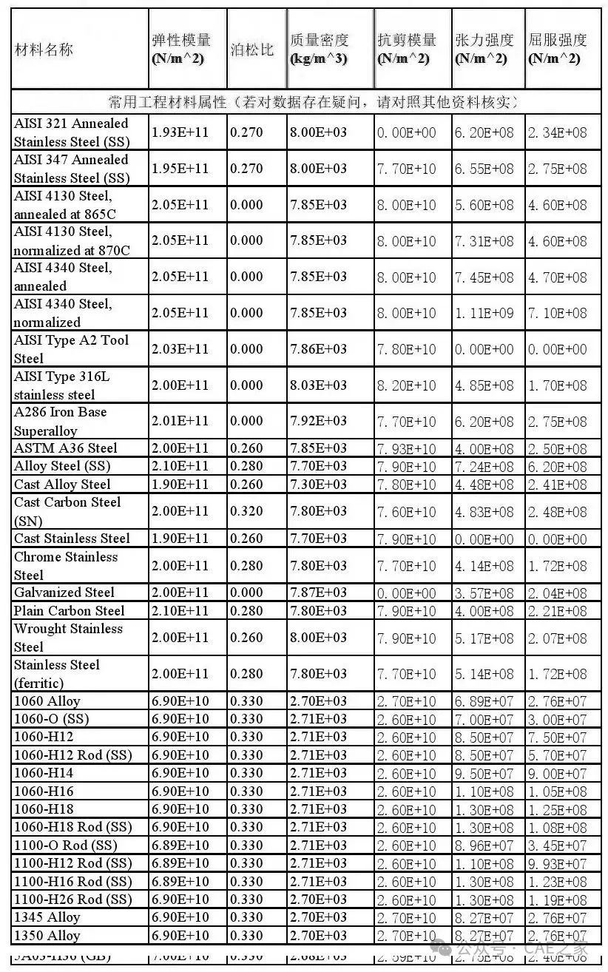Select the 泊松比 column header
click(x=251, y=50)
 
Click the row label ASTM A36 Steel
click(x=66, y=448)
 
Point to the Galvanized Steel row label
click(x=64, y=593)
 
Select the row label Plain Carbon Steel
click(x=70, y=611)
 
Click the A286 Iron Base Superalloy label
click(x=61, y=421)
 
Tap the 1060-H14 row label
click(x=44, y=773)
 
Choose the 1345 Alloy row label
click(x=47, y=917)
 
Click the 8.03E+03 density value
click(x=318, y=385)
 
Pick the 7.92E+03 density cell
click(x=318, y=421)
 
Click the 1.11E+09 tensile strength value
click(x=484, y=313)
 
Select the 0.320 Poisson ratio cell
click(x=246, y=511)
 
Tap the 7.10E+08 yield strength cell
click(x=557, y=313)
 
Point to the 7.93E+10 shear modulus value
click(x=406, y=449)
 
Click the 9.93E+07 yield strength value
click(x=557, y=864)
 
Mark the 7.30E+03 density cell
click(x=318, y=485)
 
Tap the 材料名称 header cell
click(x=44, y=50)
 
